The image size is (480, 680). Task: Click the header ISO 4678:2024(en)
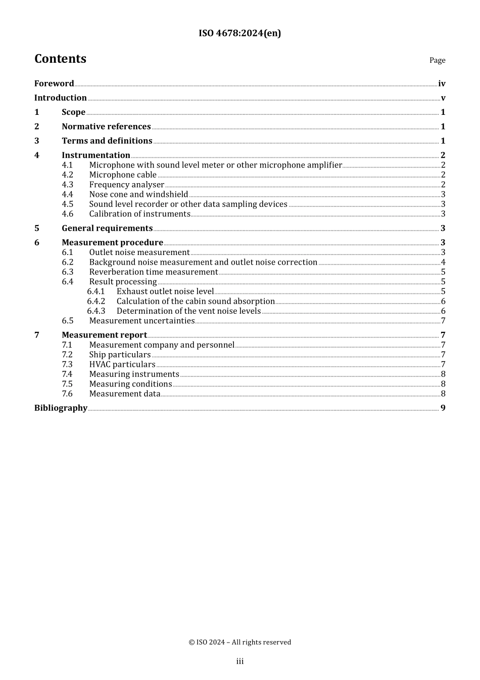click(239, 33)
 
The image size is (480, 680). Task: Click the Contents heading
click(60, 59)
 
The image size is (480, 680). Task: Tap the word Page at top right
click(437, 60)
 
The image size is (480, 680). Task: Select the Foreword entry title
click(54, 83)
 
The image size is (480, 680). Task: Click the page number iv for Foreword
click(442, 84)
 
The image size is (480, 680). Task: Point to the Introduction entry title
click(60, 98)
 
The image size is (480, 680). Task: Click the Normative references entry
click(106, 126)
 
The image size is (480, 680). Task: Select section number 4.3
click(67, 185)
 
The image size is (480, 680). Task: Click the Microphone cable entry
click(123, 175)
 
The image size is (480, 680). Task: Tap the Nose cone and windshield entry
click(138, 194)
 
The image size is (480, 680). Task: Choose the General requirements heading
click(107, 228)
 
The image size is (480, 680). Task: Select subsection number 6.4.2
click(96, 302)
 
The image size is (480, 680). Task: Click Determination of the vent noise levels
click(188, 311)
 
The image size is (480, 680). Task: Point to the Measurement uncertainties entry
click(141, 321)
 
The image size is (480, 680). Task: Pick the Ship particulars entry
click(120, 355)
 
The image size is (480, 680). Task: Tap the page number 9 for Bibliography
click(443, 408)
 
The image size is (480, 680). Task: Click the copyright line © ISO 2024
click(239, 642)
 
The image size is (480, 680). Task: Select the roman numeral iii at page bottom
click(239, 661)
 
